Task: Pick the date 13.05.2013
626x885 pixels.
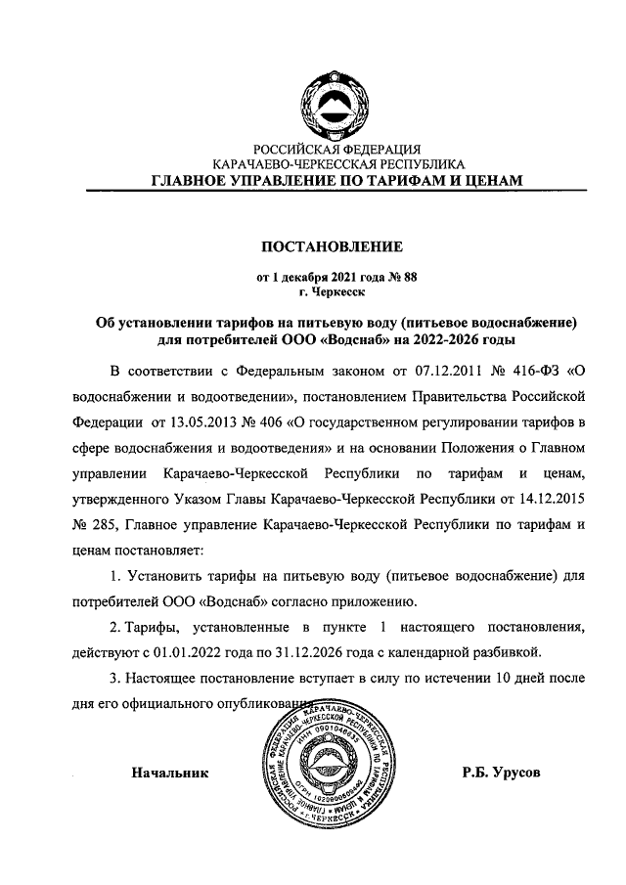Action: pyautogui.click(x=208, y=422)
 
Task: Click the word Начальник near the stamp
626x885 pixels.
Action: pyautogui.click(x=171, y=772)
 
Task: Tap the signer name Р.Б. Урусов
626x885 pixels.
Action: pyautogui.click(x=502, y=772)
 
